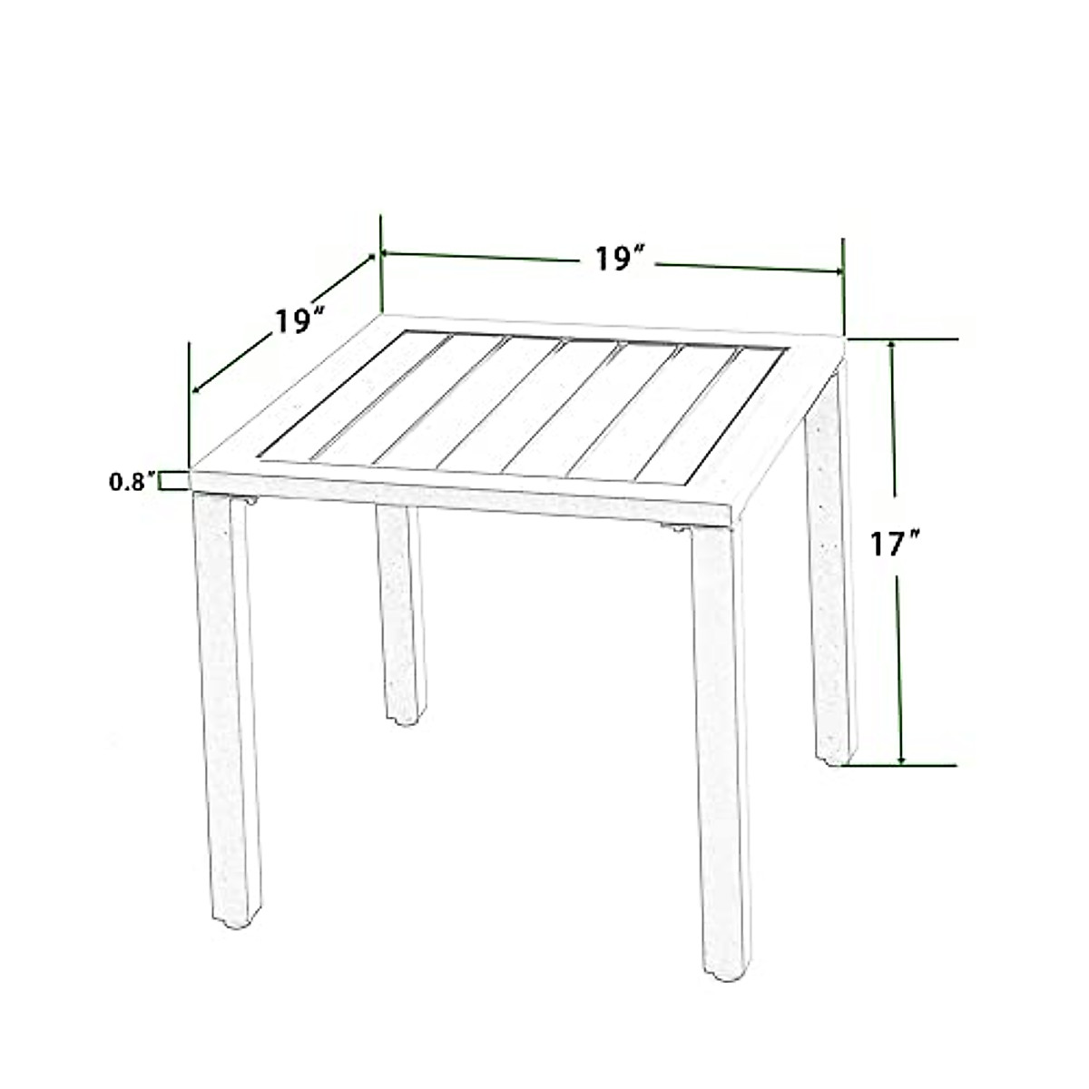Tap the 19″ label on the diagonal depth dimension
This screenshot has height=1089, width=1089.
300,319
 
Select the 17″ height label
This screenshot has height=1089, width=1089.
895,544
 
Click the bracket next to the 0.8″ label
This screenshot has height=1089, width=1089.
168,481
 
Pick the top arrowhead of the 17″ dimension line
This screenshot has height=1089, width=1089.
894,346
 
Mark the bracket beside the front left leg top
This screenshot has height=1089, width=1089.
247,500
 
